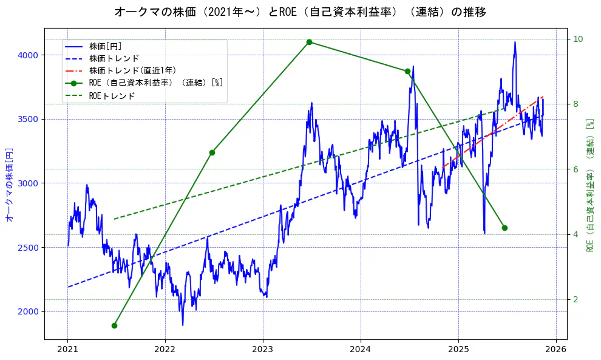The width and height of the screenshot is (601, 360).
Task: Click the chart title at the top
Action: click(x=300, y=12)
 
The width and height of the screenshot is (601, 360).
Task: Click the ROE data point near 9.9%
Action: click(x=309, y=42)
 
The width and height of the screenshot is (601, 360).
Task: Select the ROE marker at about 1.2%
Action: click(x=114, y=325)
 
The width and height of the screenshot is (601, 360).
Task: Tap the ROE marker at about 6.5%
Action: click(x=212, y=152)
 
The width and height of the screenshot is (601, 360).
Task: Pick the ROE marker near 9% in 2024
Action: click(x=407, y=71)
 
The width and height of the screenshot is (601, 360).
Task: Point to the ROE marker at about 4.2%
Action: click(x=504, y=228)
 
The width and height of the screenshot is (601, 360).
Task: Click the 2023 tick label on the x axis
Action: click(x=263, y=350)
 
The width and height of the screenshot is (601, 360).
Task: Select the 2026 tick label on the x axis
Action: click(x=555, y=350)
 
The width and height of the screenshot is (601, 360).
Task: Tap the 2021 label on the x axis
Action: click(x=67, y=350)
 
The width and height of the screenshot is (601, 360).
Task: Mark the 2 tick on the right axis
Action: click(x=576, y=299)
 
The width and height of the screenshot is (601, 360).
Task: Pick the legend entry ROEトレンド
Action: click(x=112, y=95)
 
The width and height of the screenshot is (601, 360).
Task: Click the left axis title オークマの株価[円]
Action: click(x=9, y=183)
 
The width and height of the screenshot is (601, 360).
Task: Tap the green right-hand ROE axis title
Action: click(x=589, y=185)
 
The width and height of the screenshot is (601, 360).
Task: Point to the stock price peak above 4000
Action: click(x=515, y=42)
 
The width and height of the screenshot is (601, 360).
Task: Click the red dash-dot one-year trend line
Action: click(x=492, y=131)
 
